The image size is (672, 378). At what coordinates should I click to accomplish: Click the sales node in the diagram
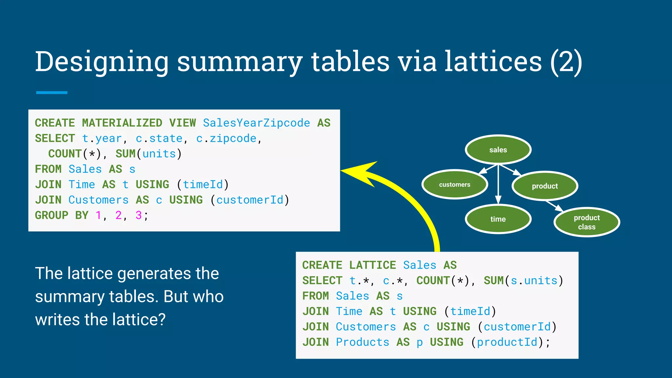pyautogui.click(x=498, y=150)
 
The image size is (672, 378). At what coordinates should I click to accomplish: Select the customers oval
pyautogui.click(x=454, y=184)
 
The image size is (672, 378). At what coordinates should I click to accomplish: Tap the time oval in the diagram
pyautogui.click(x=498, y=219)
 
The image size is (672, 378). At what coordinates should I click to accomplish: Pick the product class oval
pyautogui.click(x=586, y=222)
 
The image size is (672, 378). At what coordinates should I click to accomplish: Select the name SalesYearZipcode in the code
pyautogui.click(x=256, y=123)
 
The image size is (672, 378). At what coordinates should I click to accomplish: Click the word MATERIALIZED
pyautogui.click(x=122, y=123)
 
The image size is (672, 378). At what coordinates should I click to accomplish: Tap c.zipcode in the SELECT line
pyautogui.click(x=226, y=138)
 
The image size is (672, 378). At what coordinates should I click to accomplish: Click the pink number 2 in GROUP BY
pyautogui.click(x=118, y=215)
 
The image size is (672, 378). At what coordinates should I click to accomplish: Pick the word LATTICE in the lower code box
pyautogui.click(x=372, y=265)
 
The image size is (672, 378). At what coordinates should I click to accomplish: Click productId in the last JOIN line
pyautogui.click(x=507, y=342)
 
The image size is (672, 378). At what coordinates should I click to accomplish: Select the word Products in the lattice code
pyautogui.click(x=362, y=342)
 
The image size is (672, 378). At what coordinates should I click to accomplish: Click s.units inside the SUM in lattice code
pyautogui.click(x=534, y=280)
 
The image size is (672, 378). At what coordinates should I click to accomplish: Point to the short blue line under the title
pyautogui.click(x=52, y=93)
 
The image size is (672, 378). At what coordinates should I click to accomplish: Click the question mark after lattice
pyautogui.click(x=161, y=319)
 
